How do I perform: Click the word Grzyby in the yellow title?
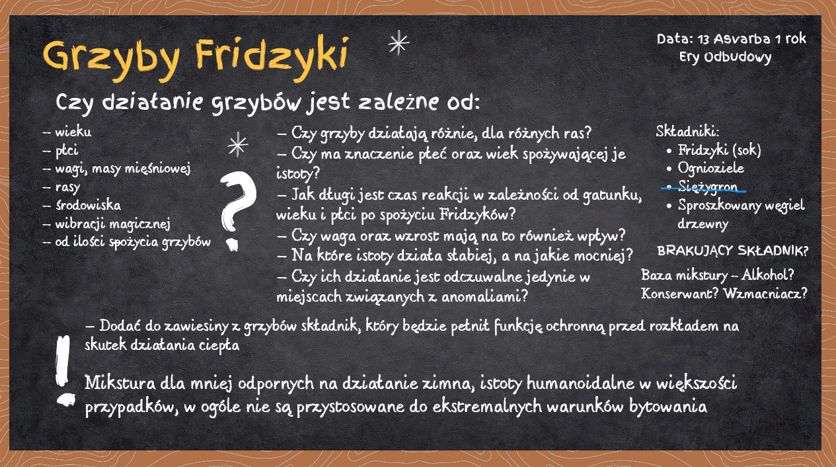coord(111,60)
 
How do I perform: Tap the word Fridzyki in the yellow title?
coord(272,58)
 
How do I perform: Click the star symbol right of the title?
coord(399,42)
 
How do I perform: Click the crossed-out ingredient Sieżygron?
coord(708,187)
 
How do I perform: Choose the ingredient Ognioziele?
coord(710,168)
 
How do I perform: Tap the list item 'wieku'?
coord(73,132)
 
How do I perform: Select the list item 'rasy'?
coord(67,187)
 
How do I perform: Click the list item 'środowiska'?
coord(88,205)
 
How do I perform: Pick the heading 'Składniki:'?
coord(687,131)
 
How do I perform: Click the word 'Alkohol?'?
coord(767,275)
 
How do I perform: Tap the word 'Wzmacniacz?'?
coord(765,294)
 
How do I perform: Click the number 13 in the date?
coord(703,39)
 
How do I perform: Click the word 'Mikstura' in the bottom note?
coord(120,383)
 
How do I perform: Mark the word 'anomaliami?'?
coord(485,296)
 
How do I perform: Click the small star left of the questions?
coord(238,145)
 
